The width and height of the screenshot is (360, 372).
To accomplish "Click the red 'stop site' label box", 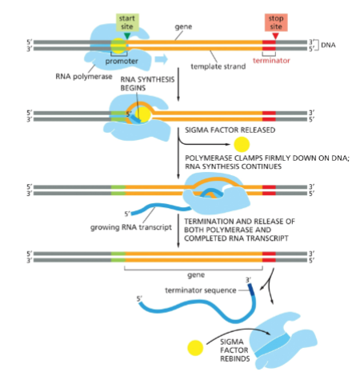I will pos(274,19).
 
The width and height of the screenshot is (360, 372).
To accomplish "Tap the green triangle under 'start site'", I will pos(126,34).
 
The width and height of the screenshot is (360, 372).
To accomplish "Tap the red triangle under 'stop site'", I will pos(275,34).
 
